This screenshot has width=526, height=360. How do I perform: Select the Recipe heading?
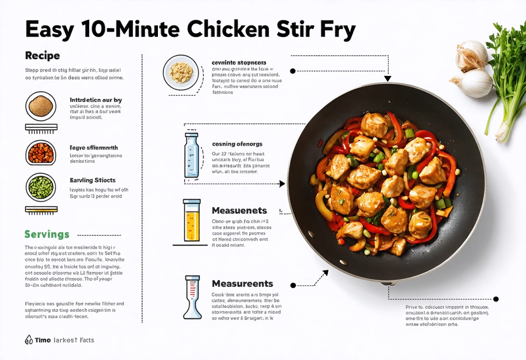pos(42,55)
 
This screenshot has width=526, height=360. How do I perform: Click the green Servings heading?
pos(47,235)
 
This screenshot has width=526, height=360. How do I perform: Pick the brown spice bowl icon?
pos(41,106)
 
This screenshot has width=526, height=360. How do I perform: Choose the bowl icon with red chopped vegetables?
pos(41,153)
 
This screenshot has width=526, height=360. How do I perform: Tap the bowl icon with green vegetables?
pos(41,187)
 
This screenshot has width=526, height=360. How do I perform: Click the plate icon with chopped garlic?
pos(181,72)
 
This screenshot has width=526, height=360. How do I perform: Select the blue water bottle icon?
pos(191,155)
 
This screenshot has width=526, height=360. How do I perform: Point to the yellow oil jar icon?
pos(192,221)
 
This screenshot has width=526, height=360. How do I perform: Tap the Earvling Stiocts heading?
pos(93,180)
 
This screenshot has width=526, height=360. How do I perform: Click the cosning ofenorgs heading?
pos(237,144)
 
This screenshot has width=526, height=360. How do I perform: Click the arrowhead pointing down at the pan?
pos(388,78)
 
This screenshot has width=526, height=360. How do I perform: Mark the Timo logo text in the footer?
pos(42,340)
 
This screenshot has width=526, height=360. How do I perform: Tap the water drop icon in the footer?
pos(29,340)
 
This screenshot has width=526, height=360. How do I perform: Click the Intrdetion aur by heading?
pos(96,100)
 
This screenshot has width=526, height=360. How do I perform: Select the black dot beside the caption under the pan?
pos(496,299)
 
